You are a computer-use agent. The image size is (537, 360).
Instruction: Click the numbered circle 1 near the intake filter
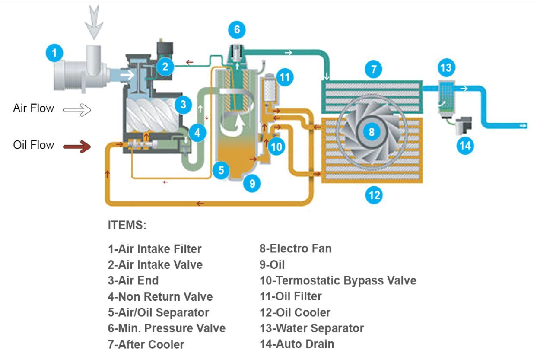[x=54, y=54]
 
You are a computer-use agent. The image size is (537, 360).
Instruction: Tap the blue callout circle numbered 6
[x=236, y=30]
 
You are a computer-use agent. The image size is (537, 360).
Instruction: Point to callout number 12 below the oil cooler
[x=374, y=195]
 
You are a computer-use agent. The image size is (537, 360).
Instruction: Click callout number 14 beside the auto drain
[x=465, y=145]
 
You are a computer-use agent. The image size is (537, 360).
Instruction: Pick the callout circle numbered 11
[x=284, y=77]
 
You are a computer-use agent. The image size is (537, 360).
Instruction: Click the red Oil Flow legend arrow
[x=77, y=147]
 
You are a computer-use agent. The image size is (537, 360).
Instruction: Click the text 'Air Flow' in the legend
[x=34, y=108]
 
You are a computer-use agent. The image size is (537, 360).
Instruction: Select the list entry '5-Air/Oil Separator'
[x=158, y=312]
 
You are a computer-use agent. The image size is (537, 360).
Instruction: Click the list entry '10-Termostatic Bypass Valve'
[x=337, y=280]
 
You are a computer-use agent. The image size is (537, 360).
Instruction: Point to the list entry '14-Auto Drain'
[x=296, y=344]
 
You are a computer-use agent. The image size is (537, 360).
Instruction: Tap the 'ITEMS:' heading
[x=127, y=225]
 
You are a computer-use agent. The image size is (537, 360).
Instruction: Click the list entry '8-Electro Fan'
[x=296, y=248]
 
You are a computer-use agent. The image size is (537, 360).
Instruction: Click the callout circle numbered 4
[x=197, y=133]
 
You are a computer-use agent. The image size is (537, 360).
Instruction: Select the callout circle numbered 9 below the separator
[x=252, y=184]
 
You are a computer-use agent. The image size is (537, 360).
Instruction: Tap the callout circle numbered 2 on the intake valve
[x=165, y=67]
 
